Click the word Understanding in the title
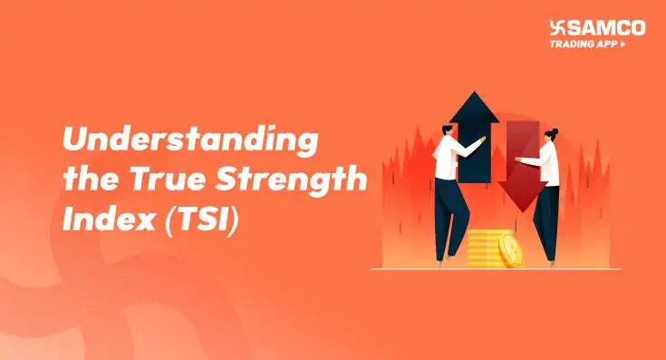(x=189, y=141)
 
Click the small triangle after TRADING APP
(x=623, y=44)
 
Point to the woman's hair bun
(x=552, y=130)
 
